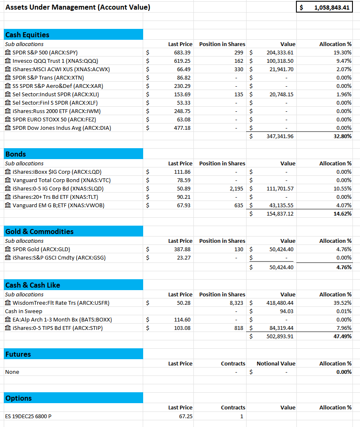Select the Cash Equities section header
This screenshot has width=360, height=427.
click(x=27, y=35)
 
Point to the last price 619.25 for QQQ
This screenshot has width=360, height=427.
click(x=182, y=61)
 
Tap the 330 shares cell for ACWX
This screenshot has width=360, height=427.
click(x=238, y=69)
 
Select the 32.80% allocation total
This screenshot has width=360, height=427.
click(x=342, y=136)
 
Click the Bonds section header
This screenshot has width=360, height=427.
click(x=16, y=154)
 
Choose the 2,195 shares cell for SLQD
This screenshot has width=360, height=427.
click(x=237, y=188)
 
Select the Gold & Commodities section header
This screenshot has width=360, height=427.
click(x=39, y=232)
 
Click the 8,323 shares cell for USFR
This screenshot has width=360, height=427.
click(x=237, y=303)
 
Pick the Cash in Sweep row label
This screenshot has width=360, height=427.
click(x=23, y=311)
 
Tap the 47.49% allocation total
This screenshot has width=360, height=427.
click(x=342, y=336)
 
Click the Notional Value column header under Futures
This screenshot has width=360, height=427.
click(x=276, y=363)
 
